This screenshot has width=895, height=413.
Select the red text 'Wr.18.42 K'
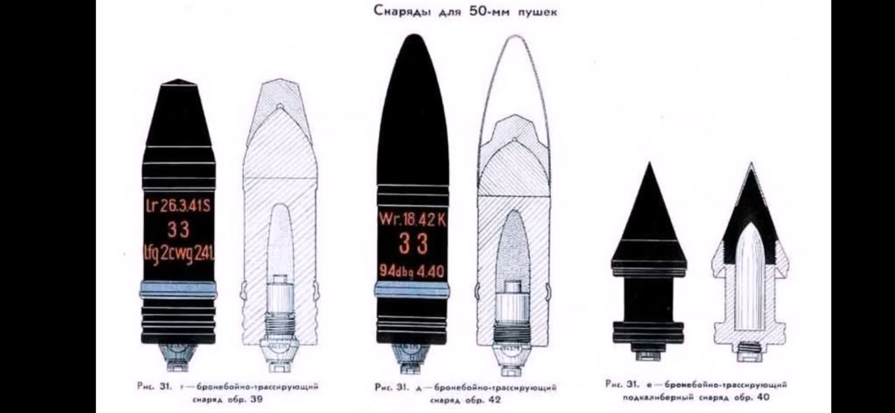pos(413,219)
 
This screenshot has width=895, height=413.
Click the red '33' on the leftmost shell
pos(179,230)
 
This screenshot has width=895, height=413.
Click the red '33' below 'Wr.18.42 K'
pos(413,245)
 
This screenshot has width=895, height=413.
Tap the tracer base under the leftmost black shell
pos(179,356)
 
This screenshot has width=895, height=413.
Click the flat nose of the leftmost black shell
pos(179,82)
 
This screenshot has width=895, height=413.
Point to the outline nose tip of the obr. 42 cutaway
pos(514,36)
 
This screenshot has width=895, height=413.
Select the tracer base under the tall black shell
pos(413,356)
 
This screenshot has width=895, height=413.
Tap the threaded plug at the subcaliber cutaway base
pos(749,351)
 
